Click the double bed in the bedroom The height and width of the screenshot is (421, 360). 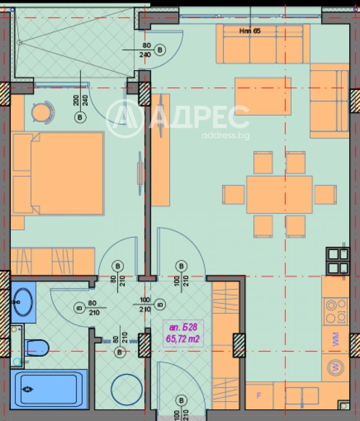(58, 173)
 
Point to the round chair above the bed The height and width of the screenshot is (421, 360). (43, 111)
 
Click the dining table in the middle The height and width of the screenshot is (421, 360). (279, 194)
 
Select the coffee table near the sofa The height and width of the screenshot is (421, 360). (262, 96)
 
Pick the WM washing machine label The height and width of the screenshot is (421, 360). (336, 339)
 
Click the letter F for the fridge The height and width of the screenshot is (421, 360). (259, 396)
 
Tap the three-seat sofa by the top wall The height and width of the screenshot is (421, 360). (262, 44)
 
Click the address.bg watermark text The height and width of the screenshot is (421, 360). (225, 135)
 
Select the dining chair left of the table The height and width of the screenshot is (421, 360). (234, 194)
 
